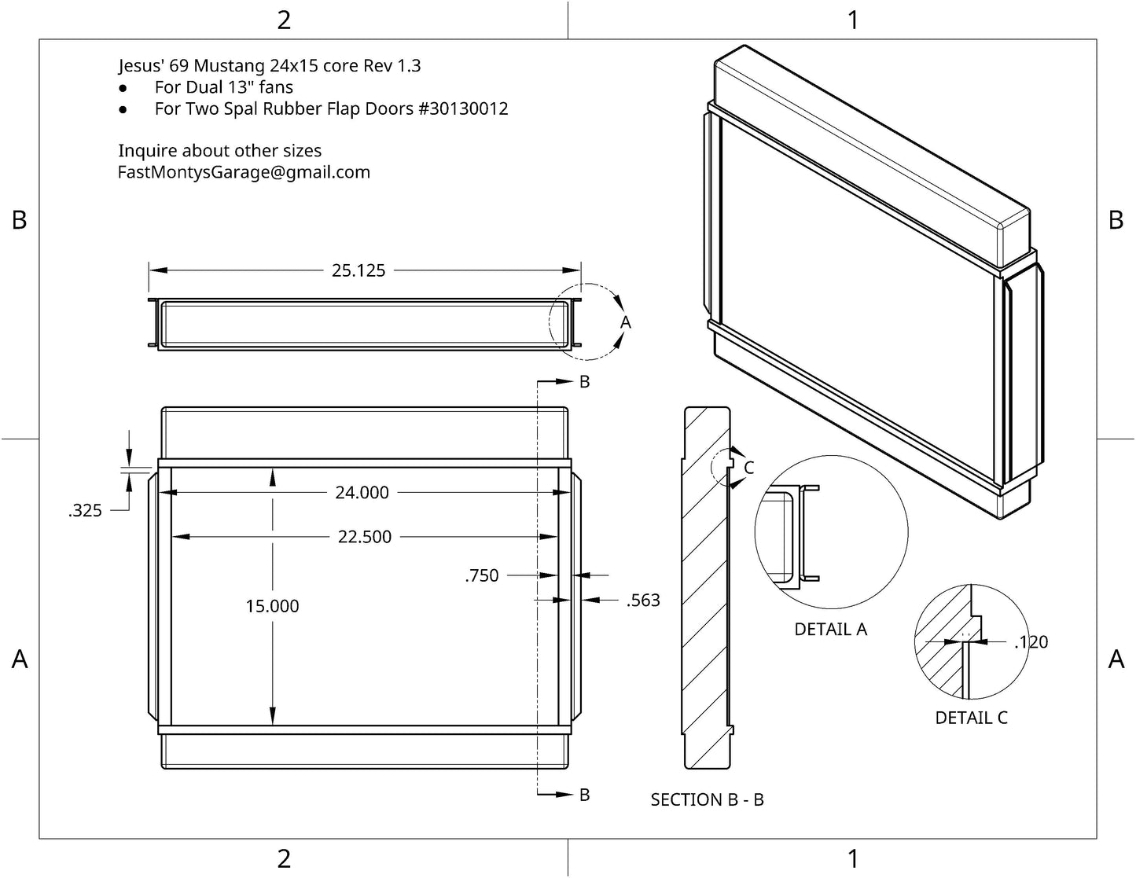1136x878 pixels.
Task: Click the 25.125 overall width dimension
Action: [x=358, y=270]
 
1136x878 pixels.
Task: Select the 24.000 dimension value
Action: [x=362, y=493]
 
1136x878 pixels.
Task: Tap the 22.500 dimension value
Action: [x=365, y=537]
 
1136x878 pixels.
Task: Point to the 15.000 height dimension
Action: [x=272, y=606]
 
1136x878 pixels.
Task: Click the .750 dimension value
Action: [x=482, y=575]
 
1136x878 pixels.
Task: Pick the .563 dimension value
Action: [x=643, y=601]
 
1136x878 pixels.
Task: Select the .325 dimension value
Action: [x=85, y=511]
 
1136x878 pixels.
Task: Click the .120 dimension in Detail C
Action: [x=1031, y=642]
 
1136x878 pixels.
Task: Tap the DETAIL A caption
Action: [x=830, y=630]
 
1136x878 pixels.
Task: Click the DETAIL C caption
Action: [x=971, y=718]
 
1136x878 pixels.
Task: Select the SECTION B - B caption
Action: [x=707, y=800]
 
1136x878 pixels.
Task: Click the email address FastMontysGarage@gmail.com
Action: [x=244, y=172]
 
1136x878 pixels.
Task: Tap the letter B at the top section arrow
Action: [x=584, y=381]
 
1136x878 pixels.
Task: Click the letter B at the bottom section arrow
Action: [x=584, y=795]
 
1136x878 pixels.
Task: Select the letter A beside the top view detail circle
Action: [x=626, y=322]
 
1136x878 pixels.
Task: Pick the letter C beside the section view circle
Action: [x=748, y=468]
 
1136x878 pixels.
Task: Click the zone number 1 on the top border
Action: [x=853, y=20]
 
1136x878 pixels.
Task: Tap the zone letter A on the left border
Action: [x=20, y=659]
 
